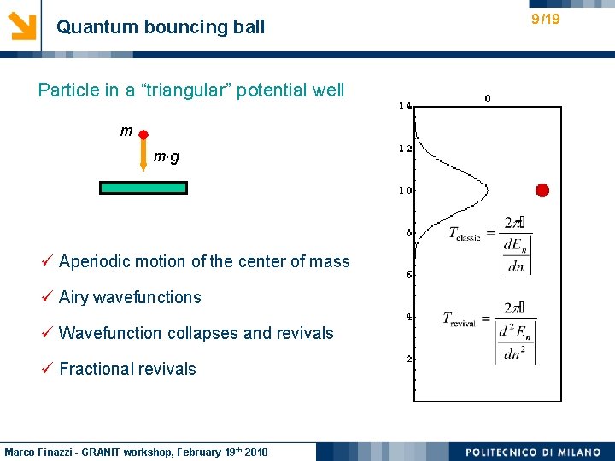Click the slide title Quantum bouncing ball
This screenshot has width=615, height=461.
[161, 27]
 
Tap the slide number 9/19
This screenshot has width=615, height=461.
[545, 19]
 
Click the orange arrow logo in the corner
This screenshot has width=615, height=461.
[22, 26]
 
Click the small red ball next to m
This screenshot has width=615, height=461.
[143, 135]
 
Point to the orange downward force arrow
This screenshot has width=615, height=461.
[143, 157]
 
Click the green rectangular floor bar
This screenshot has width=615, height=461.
[143, 188]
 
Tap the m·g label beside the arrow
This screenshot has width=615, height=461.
[167, 158]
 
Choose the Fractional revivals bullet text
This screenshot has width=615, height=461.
[127, 369]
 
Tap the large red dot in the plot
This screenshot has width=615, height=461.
[542, 190]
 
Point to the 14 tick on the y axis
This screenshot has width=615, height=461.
[405, 107]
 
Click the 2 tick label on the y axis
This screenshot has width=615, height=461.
[408, 359]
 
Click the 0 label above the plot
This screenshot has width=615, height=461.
[488, 97]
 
